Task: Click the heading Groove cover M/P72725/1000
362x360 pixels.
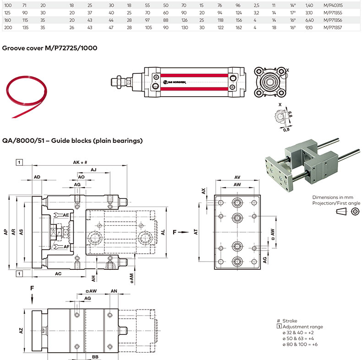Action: pos(49,48)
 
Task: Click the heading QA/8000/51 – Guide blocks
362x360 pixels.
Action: pos(72,141)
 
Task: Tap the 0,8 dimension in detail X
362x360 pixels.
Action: pos(286,130)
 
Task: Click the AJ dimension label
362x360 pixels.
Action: pos(93,169)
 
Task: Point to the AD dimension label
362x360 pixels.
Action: pos(38,177)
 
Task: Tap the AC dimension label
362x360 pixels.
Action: pos(59,273)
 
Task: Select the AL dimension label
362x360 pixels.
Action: pos(163,233)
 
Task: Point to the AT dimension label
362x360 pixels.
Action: pos(196,233)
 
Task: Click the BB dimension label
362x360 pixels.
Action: pos(95,356)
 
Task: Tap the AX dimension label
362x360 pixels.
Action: pos(203,191)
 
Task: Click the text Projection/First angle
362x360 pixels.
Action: pos(336,203)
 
